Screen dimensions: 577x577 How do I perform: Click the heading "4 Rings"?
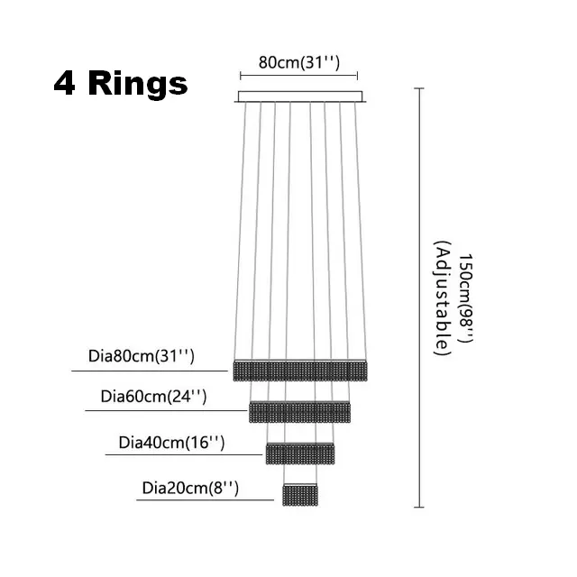point(121,84)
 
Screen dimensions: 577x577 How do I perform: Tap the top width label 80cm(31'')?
point(298,62)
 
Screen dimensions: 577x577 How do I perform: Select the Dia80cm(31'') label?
point(142,356)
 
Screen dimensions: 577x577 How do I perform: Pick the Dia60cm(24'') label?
point(153,397)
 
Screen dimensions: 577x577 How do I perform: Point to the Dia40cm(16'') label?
point(171,443)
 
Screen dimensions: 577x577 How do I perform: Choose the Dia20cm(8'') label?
point(190,489)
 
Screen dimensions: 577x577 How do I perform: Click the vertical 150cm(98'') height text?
point(465,298)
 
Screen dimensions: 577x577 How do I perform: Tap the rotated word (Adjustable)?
point(442,298)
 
